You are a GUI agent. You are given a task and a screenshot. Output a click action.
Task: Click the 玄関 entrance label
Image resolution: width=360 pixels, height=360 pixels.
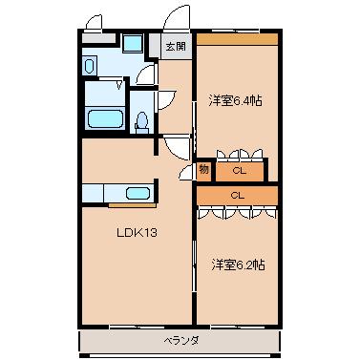pyautogui.click(x=174, y=46)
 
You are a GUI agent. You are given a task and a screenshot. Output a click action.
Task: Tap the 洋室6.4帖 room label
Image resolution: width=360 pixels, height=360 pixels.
pyautogui.click(x=237, y=98)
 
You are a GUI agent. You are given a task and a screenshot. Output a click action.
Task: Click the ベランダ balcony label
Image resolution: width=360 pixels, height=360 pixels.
pyautogui.click(x=179, y=340)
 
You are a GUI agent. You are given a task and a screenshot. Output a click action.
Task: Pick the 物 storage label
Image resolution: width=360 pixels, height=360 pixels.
pyautogui.click(x=203, y=170)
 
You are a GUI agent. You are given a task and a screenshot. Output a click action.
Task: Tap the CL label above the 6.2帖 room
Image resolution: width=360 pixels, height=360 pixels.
pyautogui.click(x=237, y=195)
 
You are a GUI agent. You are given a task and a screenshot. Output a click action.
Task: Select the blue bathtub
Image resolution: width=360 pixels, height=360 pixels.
pyautogui.click(x=105, y=120)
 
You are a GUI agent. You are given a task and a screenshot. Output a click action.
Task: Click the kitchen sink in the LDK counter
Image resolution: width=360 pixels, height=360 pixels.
pyautogui.click(x=138, y=194)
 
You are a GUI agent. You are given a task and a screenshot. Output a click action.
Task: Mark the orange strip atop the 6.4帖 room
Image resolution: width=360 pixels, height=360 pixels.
pyautogui.click(x=237, y=39)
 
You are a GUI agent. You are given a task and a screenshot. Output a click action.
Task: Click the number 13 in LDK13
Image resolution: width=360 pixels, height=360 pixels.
pyautogui.click(x=149, y=232)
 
